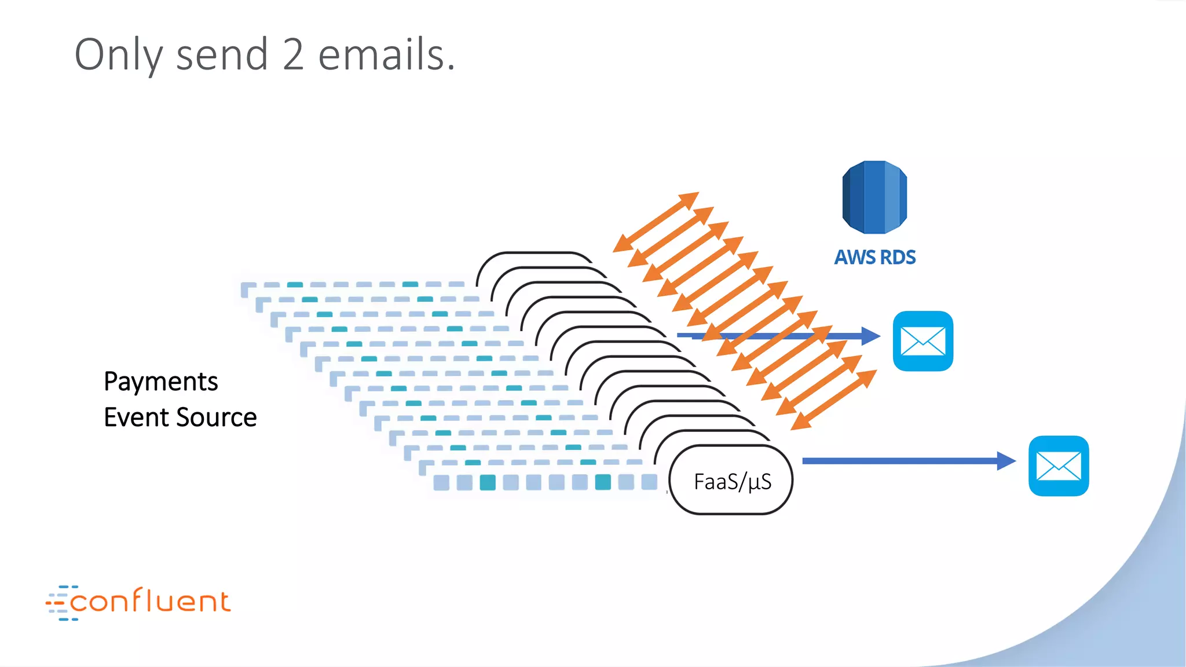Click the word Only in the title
click(x=119, y=55)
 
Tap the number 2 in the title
click(x=293, y=55)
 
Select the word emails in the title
click(x=386, y=55)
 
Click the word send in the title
click(x=222, y=55)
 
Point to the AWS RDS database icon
click(x=874, y=197)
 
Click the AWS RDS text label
click(x=874, y=257)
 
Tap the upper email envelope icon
click(x=923, y=341)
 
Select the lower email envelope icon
click(x=1058, y=466)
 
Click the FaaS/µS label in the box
click(x=733, y=482)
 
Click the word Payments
click(x=161, y=382)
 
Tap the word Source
click(x=217, y=417)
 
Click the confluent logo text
click(x=151, y=602)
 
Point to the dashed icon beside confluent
click(x=58, y=603)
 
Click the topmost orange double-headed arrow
click(x=656, y=222)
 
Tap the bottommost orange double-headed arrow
click(x=834, y=400)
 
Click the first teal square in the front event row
click(x=488, y=482)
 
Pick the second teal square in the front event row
click(x=603, y=482)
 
